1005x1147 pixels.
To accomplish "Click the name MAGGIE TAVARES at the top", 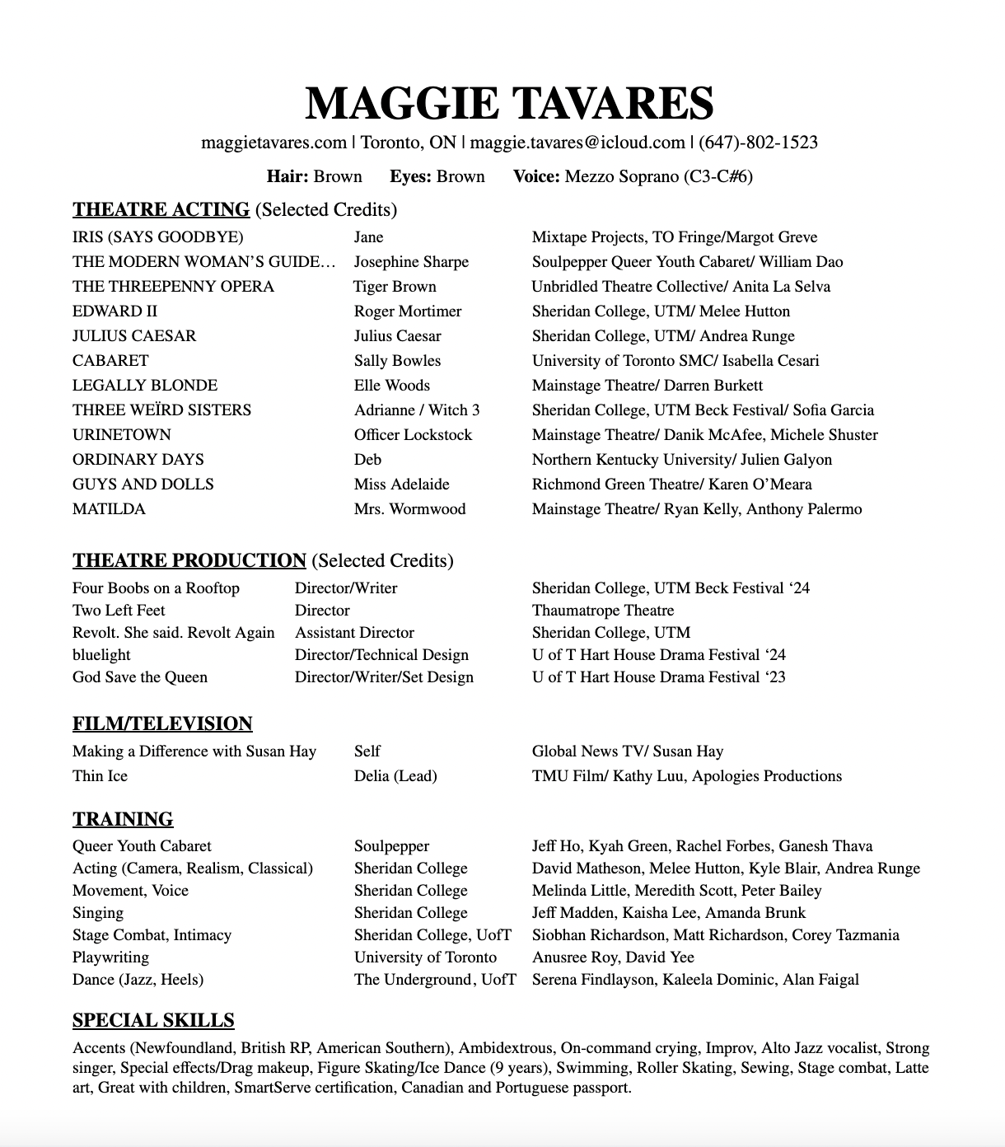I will (x=508, y=104).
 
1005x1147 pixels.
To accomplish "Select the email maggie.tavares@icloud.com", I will (x=577, y=143).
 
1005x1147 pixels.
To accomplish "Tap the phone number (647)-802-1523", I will (x=758, y=143).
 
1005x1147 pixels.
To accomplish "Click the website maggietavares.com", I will (x=273, y=143).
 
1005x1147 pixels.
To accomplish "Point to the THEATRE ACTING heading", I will (x=161, y=209).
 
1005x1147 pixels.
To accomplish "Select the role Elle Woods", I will (x=392, y=386).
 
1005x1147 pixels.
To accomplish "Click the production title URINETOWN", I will (x=122, y=435).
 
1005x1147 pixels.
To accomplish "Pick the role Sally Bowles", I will (x=397, y=361).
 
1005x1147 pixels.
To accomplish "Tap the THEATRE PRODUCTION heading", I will (x=189, y=560).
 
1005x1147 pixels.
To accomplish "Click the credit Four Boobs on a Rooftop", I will (x=156, y=588).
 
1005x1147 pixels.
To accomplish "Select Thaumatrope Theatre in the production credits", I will (x=603, y=611).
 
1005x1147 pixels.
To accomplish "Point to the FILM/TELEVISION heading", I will (x=162, y=723).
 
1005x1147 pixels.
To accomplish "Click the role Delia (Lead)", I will (x=395, y=776).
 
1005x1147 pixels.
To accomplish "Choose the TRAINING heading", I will (x=123, y=819).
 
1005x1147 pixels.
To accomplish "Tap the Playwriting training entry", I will (x=110, y=957).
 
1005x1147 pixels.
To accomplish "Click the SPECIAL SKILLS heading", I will (x=153, y=1020).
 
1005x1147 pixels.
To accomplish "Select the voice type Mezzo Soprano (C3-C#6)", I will (x=658, y=176).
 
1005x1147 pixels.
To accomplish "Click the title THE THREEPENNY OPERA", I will (x=173, y=287).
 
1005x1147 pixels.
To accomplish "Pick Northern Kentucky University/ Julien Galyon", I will (x=682, y=460).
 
